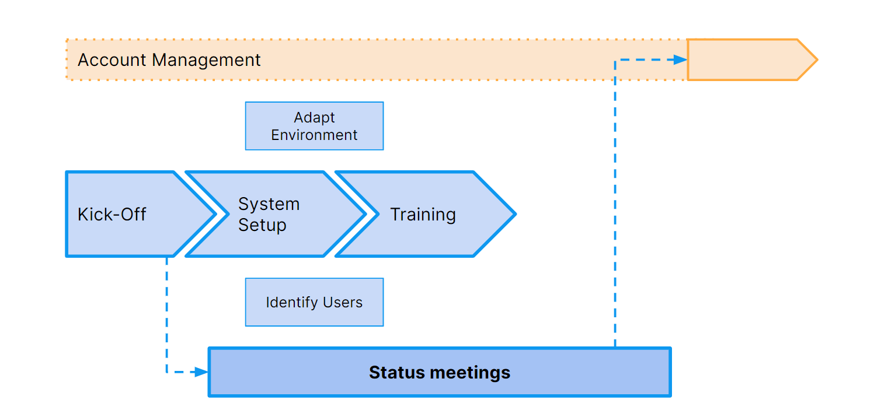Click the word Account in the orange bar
[112, 60]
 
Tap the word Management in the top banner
[206, 60]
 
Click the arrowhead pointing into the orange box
[680, 59]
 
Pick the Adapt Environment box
[314, 126]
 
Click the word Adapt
[314, 117]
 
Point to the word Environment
[314, 135]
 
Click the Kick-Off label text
[112, 215]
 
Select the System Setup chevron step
[276, 214]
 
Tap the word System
[269, 204]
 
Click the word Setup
[262, 225]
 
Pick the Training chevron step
[426, 214]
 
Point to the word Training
[423, 215]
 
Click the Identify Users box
[314, 302]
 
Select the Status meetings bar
[440, 372]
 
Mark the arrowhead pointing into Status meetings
[201, 372]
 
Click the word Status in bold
[397, 372]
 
